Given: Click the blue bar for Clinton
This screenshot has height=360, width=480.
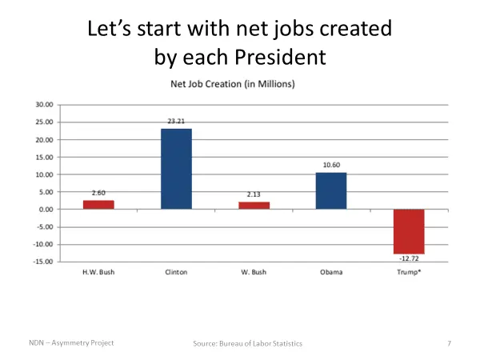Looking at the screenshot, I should point(176,169).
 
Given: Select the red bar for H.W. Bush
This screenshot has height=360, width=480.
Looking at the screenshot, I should point(98,205).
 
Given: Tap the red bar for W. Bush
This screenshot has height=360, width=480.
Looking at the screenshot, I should point(254,206).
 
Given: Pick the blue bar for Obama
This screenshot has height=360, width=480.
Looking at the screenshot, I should point(331,191).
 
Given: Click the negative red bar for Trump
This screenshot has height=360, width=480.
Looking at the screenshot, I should point(408,231).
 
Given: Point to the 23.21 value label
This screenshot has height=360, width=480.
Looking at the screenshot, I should point(176,121).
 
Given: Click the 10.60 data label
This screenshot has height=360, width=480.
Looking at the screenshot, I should point(331,165).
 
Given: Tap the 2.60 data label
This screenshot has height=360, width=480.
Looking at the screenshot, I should point(98,193).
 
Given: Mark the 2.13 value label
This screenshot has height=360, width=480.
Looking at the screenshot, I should point(254,194).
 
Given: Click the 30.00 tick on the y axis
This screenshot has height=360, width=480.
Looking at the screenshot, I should point(45,105).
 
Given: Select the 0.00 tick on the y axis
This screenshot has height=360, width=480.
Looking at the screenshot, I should point(46,210).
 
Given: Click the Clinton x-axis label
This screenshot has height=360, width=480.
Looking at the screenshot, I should point(176,273).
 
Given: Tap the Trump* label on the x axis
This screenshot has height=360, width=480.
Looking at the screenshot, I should point(408,273).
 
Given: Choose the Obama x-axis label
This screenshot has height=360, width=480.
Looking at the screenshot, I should point(331,273).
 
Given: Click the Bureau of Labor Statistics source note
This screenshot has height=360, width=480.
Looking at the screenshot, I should point(248,343).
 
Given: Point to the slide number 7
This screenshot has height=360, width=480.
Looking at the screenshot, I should point(450,343).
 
